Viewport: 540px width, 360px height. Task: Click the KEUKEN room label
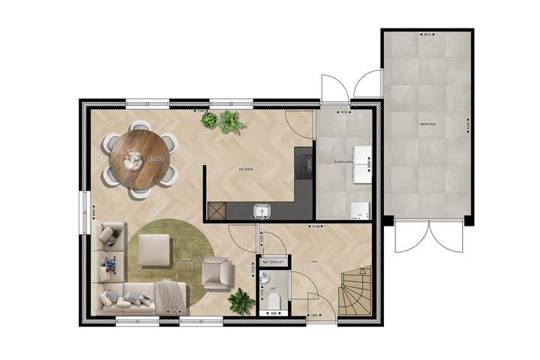coord(245,169)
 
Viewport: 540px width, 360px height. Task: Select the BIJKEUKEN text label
coord(343,161)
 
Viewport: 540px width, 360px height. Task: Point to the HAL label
coord(316,262)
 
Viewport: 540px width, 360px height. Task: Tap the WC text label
coord(274,286)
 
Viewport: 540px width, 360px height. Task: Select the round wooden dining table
coord(139,158)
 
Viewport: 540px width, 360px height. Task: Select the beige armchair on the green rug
coord(216,272)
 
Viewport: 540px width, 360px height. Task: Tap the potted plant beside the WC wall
coord(241,301)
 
